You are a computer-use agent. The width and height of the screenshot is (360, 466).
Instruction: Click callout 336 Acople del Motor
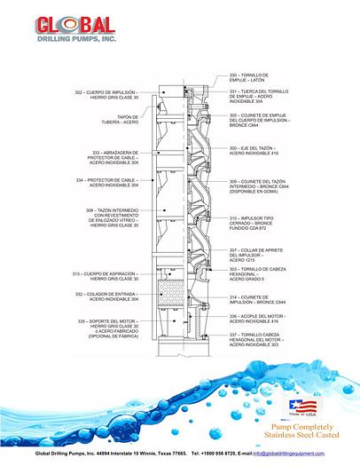[259, 318]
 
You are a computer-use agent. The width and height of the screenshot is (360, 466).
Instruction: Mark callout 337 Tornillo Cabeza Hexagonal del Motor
[259, 340]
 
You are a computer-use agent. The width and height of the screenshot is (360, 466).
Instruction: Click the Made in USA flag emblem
[302, 408]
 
